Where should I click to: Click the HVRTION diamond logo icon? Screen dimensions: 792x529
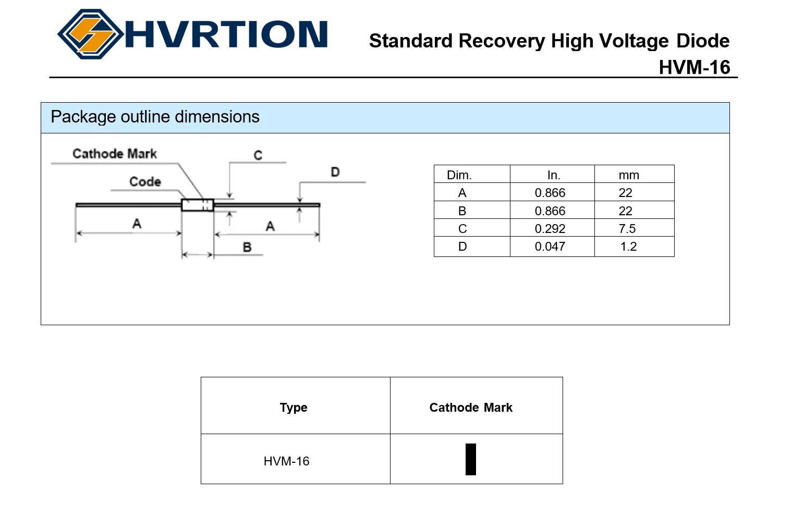[x=91, y=34]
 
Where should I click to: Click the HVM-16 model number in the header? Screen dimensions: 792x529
[x=694, y=67]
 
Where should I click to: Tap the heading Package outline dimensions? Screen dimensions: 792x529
[x=155, y=117]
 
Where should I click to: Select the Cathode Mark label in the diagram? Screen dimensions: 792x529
[x=115, y=154]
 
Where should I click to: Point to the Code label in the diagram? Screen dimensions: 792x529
[x=145, y=182]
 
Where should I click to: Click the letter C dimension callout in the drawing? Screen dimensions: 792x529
[x=258, y=155]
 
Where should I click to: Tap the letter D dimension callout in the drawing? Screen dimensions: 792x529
[x=335, y=172]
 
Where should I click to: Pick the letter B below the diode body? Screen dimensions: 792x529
[x=247, y=247]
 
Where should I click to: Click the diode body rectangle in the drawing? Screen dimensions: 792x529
[x=197, y=205]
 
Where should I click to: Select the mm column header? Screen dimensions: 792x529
[x=629, y=175]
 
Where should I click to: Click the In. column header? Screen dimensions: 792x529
[x=553, y=175]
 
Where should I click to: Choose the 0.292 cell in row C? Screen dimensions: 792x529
[x=550, y=229]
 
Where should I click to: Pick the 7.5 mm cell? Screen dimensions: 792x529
[x=627, y=229]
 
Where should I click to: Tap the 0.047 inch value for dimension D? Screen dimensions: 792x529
[x=550, y=247]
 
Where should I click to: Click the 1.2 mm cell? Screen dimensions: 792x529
[x=628, y=247]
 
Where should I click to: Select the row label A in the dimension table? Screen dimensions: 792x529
[x=462, y=193]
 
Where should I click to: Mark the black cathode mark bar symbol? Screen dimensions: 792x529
[x=471, y=459]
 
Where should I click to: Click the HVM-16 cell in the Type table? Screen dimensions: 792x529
[x=286, y=461]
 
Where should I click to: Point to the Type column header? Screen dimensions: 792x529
[x=294, y=408]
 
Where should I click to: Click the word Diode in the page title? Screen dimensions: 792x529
[x=703, y=41]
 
